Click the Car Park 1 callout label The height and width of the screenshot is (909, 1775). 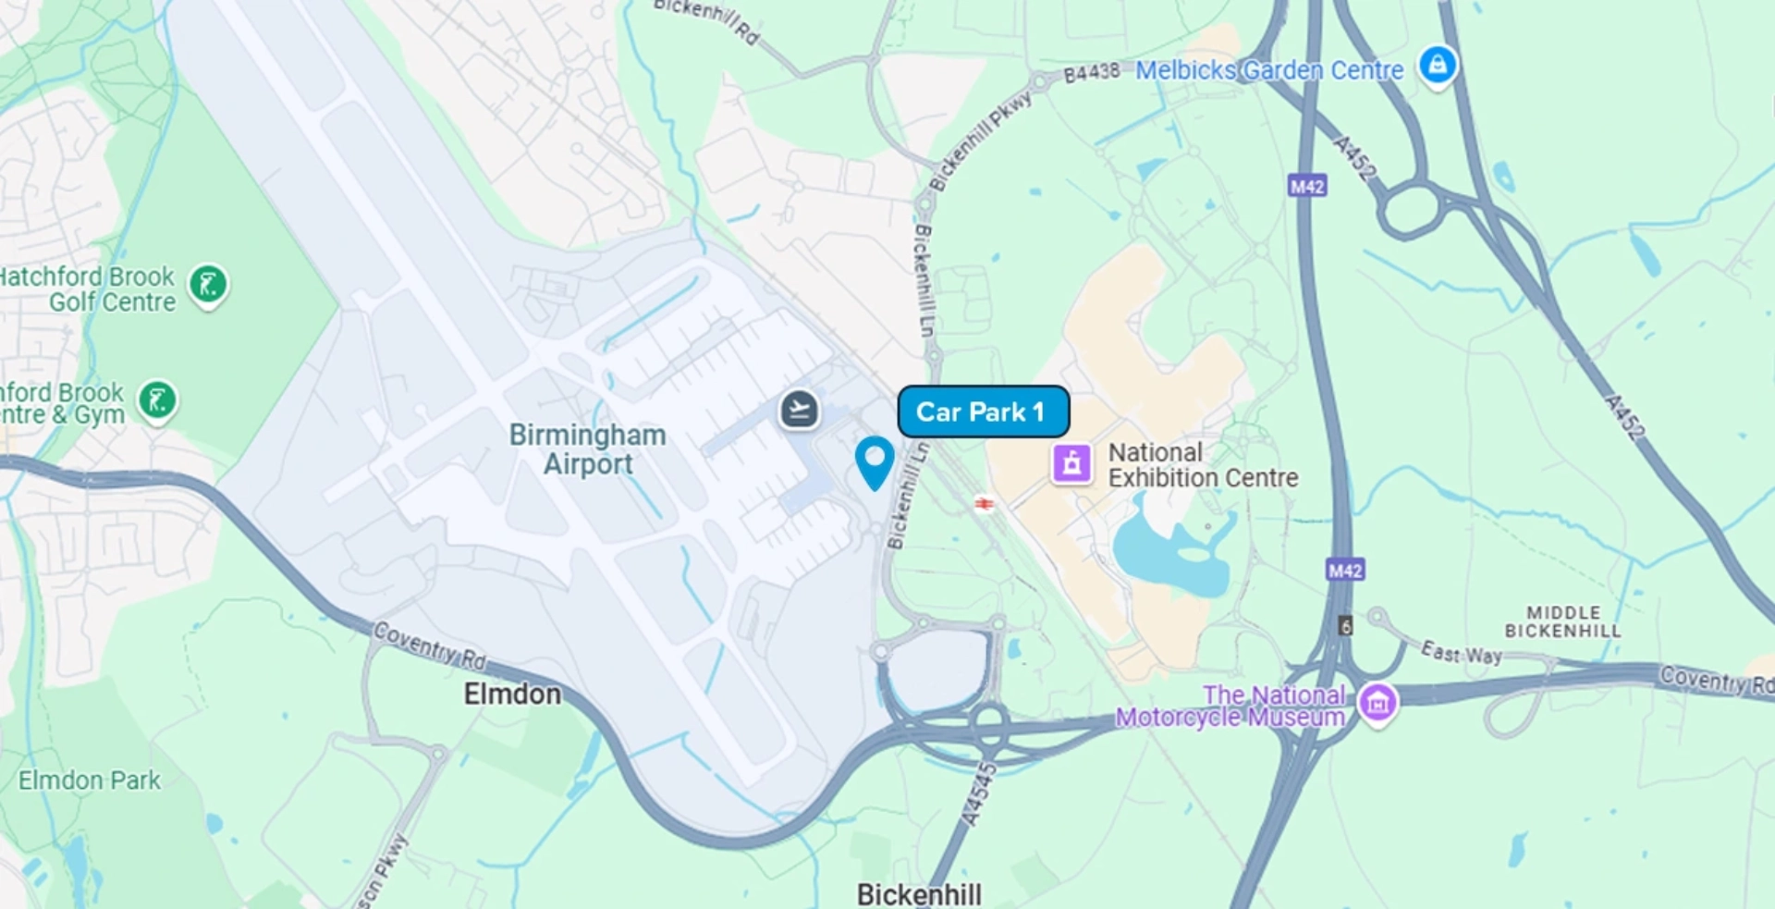point(983,412)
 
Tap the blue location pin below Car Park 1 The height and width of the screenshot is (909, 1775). point(874,461)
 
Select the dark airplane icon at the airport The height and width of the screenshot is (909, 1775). point(799,409)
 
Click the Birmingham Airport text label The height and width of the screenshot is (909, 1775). point(588,449)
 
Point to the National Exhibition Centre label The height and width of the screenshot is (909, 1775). point(1202,465)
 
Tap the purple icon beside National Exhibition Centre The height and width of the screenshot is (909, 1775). point(1071,462)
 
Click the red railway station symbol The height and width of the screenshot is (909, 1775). point(985,504)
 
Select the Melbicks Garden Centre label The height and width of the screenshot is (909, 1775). point(1268,70)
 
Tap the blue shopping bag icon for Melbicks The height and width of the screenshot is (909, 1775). point(1438,66)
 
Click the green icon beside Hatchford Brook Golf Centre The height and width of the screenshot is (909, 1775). point(209,284)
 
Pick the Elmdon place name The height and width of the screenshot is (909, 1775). point(512,694)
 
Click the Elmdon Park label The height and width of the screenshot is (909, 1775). point(90,780)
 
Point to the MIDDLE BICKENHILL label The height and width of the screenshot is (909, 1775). point(1562,621)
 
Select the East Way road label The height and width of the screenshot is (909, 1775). point(1461,653)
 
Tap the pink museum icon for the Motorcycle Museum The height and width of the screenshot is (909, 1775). point(1377,703)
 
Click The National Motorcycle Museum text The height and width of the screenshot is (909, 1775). point(1230,706)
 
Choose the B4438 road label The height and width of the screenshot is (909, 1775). point(1091,72)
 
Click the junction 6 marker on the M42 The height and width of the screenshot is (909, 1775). point(1346,626)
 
